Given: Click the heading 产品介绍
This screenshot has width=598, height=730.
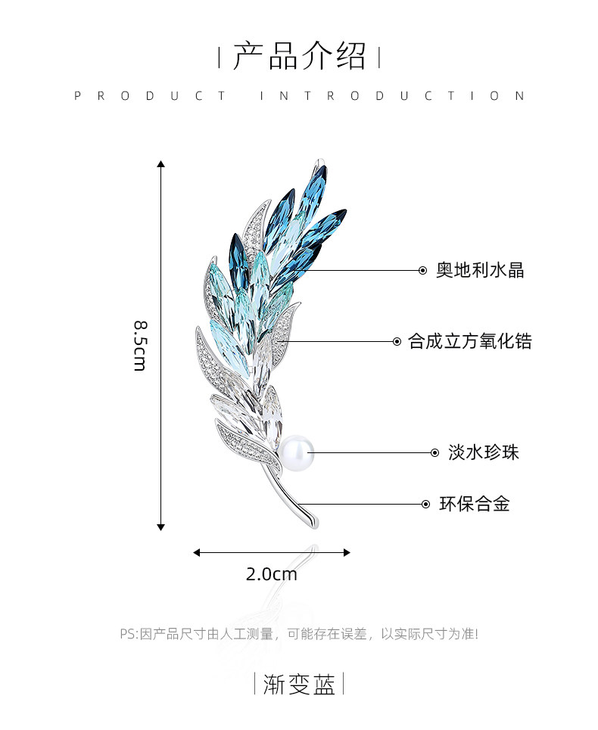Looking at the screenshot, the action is (299, 57).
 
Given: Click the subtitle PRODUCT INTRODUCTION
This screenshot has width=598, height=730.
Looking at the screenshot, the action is (299, 96).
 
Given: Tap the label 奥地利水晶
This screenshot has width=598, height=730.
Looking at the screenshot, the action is (480, 270).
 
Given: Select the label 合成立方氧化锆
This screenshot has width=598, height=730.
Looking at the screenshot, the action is (470, 341).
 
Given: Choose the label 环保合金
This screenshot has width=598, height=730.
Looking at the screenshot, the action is (475, 503).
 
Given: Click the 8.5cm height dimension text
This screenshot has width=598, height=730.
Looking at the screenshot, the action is (140, 345).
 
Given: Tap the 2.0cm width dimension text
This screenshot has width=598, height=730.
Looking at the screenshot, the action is (272, 574).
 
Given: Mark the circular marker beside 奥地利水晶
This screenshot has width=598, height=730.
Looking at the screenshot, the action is (423, 270).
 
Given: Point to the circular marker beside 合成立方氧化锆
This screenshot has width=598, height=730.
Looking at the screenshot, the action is (397, 341).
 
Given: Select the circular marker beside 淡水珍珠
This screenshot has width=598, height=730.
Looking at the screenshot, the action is (434, 452).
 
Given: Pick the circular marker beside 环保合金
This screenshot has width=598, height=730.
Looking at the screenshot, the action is (425, 503).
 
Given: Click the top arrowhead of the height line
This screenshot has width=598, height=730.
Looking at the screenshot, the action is (160, 163).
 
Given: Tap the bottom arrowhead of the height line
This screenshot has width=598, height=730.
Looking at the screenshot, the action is (160, 527).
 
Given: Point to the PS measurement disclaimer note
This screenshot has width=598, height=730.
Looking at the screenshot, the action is (299, 634).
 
